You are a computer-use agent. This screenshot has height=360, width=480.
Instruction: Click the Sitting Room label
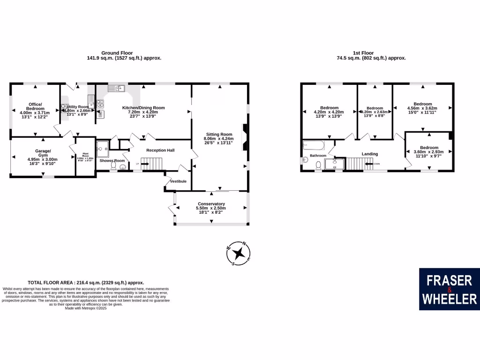click(218, 134)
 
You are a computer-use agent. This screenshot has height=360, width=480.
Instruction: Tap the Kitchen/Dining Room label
click(143, 108)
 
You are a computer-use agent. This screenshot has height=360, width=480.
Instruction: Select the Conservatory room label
click(211, 204)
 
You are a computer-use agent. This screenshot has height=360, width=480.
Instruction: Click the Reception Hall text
click(160, 150)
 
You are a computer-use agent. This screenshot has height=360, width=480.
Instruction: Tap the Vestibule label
click(178, 181)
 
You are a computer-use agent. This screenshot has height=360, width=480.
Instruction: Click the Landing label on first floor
click(369, 154)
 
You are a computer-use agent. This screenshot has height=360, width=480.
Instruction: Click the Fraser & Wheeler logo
click(450, 289)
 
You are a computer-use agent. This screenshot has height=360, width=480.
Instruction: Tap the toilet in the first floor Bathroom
click(319, 165)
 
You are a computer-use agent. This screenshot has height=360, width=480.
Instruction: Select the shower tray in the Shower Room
click(103, 149)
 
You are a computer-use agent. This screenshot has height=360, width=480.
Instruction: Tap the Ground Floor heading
click(117, 53)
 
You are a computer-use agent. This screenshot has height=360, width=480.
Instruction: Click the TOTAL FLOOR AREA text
click(86, 283)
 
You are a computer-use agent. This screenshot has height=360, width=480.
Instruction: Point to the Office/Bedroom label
click(35, 106)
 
